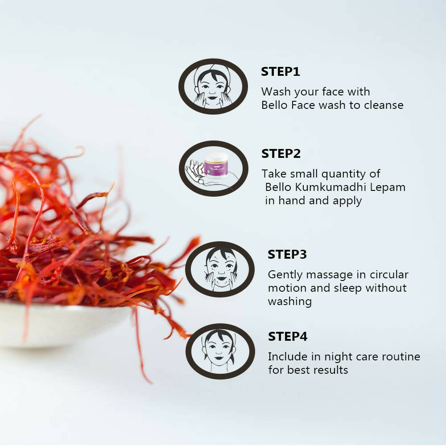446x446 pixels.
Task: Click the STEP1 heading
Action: click(x=281, y=72)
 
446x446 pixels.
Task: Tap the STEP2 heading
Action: click(x=281, y=154)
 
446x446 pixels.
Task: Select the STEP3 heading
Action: click(x=287, y=255)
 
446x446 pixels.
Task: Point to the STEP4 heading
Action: click(x=288, y=337)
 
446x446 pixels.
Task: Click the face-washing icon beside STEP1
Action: click(x=213, y=87)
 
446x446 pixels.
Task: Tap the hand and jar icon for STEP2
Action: click(x=213, y=169)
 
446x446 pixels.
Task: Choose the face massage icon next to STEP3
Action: click(x=219, y=269)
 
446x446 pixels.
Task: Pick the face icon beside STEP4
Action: click(x=220, y=351)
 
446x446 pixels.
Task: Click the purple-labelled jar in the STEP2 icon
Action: click(x=216, y=166)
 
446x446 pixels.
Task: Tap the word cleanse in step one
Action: click(x=384, y=105)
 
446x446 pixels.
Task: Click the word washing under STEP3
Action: click(x=289, y=302)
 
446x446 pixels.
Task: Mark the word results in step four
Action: click(x=330, y=370)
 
